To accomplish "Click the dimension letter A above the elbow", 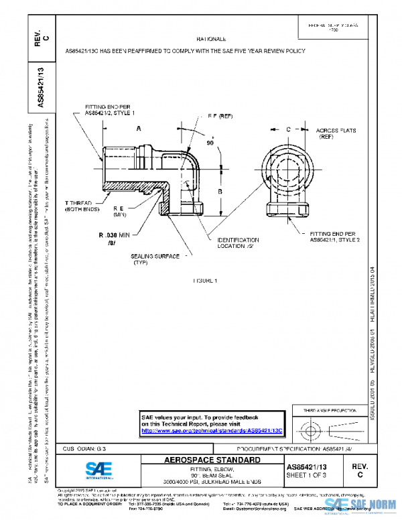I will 138,127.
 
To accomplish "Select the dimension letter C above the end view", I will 287,127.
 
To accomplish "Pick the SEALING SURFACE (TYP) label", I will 155,259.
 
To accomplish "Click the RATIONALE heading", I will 210,40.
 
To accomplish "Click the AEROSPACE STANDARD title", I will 204,460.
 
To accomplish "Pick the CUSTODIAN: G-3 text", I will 84,447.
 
